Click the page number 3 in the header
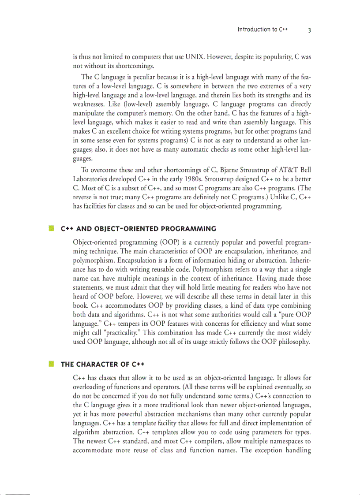pos(309,30)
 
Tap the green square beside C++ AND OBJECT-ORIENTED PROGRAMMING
pos(51,228)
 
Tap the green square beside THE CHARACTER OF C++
pos(51,364)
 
